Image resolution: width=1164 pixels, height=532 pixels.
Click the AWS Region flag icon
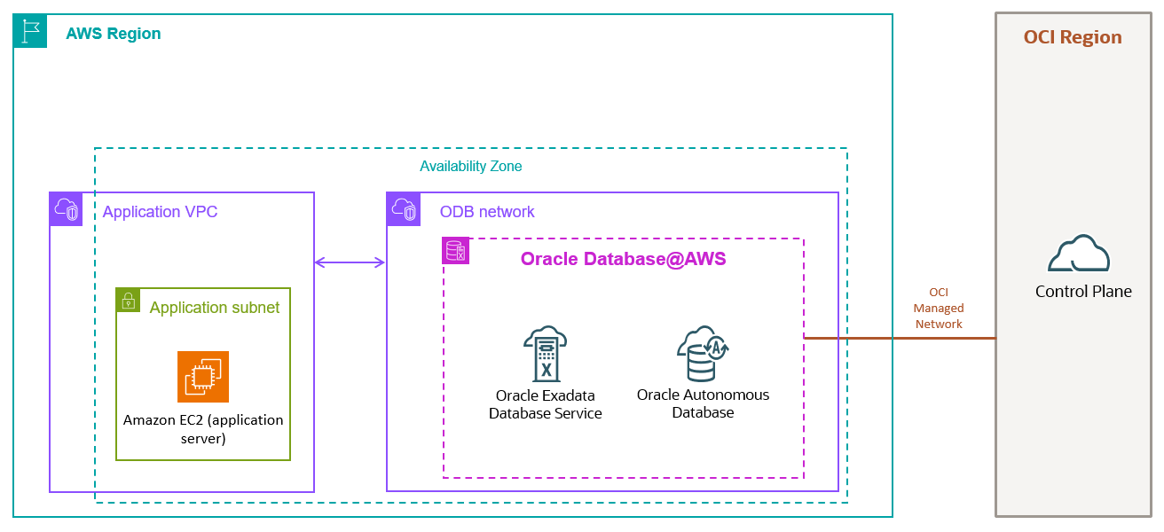pyautogui.click(x=30, y=31)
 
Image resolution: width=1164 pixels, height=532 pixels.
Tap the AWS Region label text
pyautogui.click(x=114, y=34)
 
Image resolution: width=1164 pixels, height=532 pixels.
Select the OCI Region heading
pyautogui.click(x=1073, y=37)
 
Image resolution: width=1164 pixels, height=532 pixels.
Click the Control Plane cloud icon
pyautogui.click(x=1078, y=254)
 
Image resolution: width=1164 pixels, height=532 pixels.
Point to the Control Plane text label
pyautogui.click(x=1083, y=292)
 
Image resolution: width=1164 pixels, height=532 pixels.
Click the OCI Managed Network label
pyautogui.click(x=939, y=308)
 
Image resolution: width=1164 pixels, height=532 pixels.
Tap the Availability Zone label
pyautogui.click(x=470, y=166)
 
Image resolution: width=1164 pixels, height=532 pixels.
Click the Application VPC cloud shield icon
pyautogui.click(x=67, y=209)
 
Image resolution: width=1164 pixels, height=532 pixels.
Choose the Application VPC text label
pyautogui.click(x=160, y=212)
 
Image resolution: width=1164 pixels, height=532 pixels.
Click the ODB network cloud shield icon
pyautogui.click(x=404, y=209)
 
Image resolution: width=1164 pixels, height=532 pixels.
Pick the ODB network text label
pyautogui.click(x=487, y=212)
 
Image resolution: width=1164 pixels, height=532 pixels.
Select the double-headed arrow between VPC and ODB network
pyautogui.click(x=350, y=262)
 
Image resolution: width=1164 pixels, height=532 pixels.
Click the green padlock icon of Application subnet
pyautogui.click(x=129, y=300)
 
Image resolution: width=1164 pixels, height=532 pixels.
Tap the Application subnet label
pyautogui.click(x=214, y=308)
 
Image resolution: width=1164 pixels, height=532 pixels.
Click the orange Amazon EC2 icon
pyautogui.click(x=203, y=377)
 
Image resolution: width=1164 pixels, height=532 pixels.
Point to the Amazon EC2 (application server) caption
pyautogui.click(x=203, y=429)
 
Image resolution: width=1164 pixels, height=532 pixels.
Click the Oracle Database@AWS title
pyautogui.click(x=623, y=259)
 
